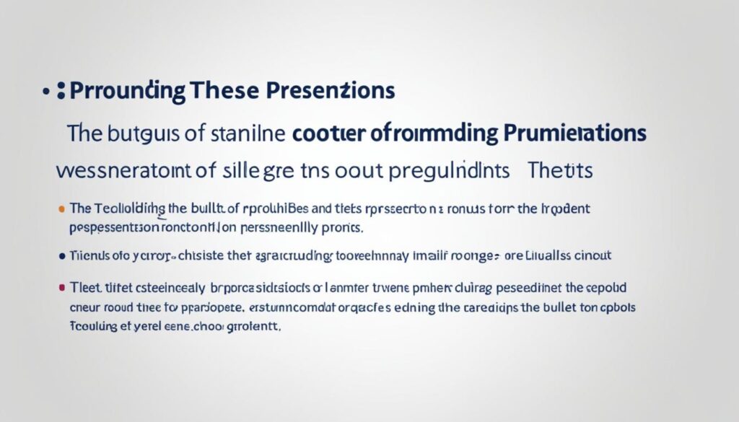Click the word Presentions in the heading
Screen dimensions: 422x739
[331, 92]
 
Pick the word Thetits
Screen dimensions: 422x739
[559, 171]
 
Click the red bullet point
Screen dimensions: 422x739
[61, 287]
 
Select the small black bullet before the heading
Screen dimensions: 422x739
[45, 92]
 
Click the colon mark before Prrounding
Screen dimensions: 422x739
[61, 92]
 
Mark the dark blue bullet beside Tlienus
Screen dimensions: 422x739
[61, 255]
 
